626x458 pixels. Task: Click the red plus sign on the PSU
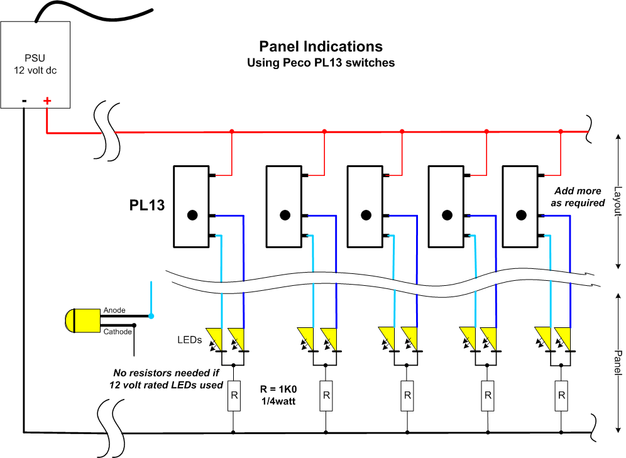pos(47,101)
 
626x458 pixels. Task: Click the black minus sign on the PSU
pos(25,101)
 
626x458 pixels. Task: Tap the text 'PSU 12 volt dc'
pos(35,64)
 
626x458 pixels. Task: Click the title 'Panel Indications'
pos(321,46)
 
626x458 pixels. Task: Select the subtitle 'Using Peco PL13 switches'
pos(321,63)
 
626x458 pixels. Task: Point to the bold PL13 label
pos(147,205)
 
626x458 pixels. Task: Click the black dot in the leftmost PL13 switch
pos(192,215)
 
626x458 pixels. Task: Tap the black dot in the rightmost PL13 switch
pos(521,215)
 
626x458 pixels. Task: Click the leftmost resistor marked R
pos(234,396)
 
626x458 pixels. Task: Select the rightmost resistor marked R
pos(561,396)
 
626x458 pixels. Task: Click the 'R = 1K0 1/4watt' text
pos(278,395)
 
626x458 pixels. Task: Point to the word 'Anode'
pos(114,310)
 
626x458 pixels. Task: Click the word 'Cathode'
pos(118,332)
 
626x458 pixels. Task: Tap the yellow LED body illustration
pos(82,320)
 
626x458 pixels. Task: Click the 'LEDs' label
pos(190,340)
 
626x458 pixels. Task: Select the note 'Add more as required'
pos(578,197)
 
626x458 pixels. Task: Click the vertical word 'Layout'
pos(618,202)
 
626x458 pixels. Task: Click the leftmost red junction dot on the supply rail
pos(232,131)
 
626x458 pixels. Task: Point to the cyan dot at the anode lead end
pos(151,316)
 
